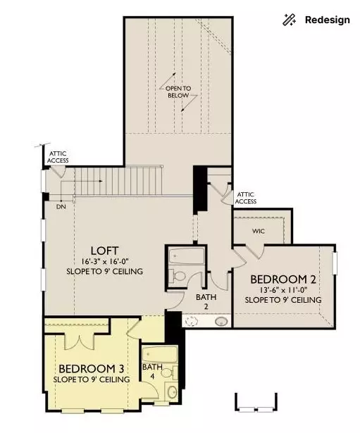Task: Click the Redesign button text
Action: pos(327,20)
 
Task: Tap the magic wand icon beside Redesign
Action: pos(289,20)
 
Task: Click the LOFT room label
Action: pos(104,251)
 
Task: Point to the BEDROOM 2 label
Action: pos(283,280)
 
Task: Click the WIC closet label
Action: pos(259,230)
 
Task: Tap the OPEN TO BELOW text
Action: pos(178,92)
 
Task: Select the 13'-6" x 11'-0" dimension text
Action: pos(283,290)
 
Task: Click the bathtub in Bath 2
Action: pos(186,255)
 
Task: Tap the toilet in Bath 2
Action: pos(179,276)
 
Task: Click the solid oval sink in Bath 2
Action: pos(221,322)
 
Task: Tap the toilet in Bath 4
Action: pos(152,391)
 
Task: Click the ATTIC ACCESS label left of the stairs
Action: pos(58,157)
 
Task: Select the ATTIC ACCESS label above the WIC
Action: pos(246,198)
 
